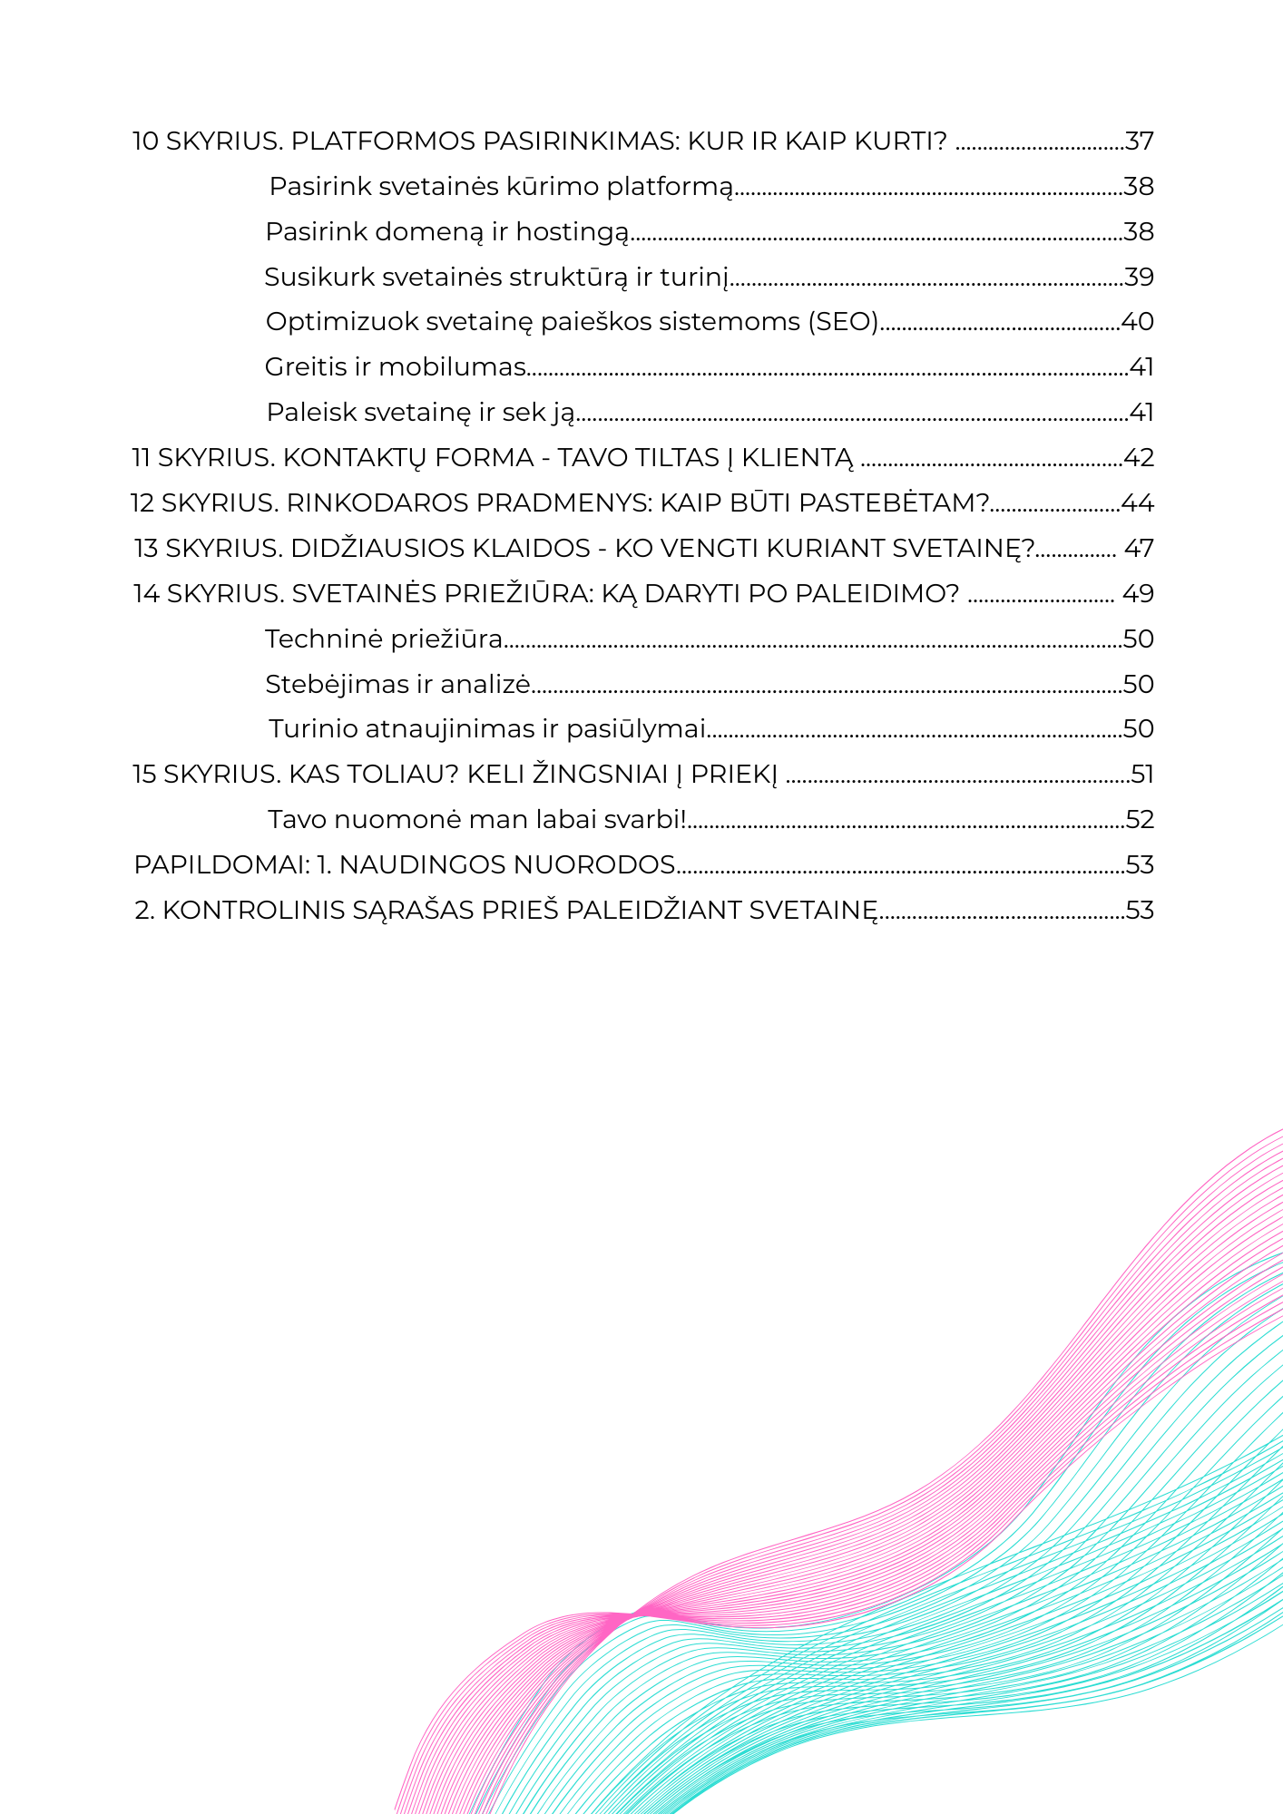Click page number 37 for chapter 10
1139,141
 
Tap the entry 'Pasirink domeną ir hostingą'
446,232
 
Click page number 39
1139,278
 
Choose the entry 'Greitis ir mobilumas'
396,367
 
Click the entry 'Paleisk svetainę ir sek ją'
420,413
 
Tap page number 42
1139,458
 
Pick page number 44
1138,503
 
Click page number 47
1139,549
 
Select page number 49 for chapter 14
1138,594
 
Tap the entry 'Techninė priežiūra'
384,639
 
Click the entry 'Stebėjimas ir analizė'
397,685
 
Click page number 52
1140,820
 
